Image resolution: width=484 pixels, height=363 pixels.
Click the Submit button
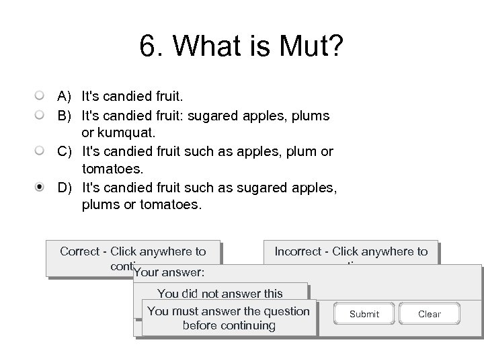coord(364,314)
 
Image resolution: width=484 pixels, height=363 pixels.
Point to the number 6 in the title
coord(148,47)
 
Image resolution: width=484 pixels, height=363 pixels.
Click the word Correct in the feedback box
coord(79,251)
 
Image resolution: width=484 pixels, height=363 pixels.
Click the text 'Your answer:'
coord(169,273)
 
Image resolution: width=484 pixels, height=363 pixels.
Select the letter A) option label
coord(65,97)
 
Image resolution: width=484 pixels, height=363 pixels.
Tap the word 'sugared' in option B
coord(210,115)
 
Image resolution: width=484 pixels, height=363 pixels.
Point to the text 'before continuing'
coord(229,325)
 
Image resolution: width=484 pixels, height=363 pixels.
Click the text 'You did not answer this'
coord(220,293)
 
